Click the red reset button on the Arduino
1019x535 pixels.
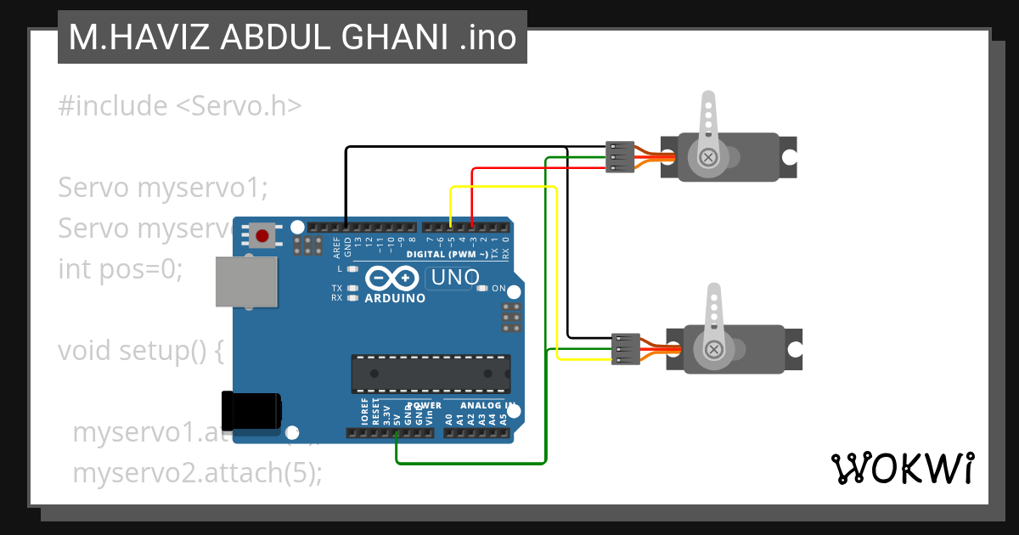[x=262, y=235]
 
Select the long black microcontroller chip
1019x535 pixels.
[x=431, y=374]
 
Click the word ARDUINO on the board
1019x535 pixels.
[x=395, y=298]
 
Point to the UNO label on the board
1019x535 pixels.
[x=455, y=277]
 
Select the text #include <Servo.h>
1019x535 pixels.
[x=179, y=106]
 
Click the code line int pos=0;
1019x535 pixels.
[x=120, y=269]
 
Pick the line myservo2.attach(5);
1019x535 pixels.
[x=197, y=473]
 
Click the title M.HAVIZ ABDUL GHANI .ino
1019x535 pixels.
[x=292, y=37]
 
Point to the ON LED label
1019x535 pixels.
[x=498, y=289]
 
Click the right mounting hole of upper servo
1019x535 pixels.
[x=789, y=157]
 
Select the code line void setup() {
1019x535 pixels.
[x=140, y=351]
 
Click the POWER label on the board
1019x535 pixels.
[x=424, y=406]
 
